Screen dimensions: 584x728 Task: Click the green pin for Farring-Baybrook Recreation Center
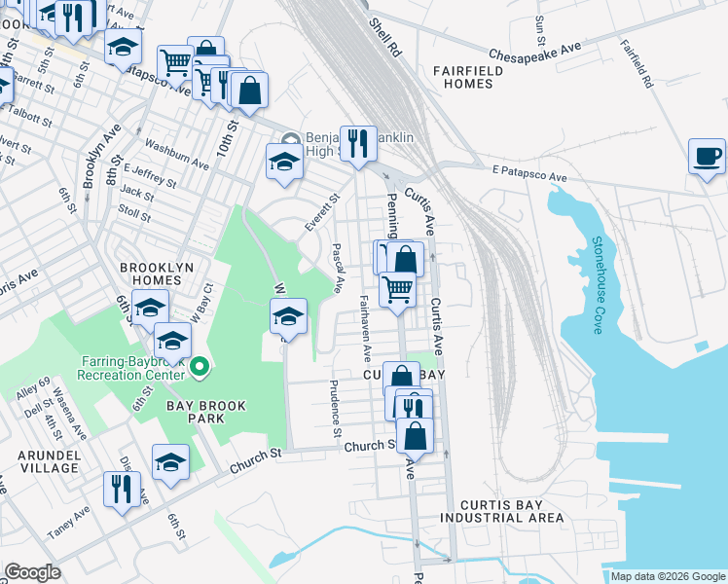point(200,367)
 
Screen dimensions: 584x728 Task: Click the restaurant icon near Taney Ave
point(122,489)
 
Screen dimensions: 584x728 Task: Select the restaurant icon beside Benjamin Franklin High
point(358,144)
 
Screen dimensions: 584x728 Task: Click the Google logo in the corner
point(32,572)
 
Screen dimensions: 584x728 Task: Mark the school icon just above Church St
point(170,461)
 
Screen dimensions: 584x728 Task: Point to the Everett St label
point(321,211)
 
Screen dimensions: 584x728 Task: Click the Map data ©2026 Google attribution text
point(668,576)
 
